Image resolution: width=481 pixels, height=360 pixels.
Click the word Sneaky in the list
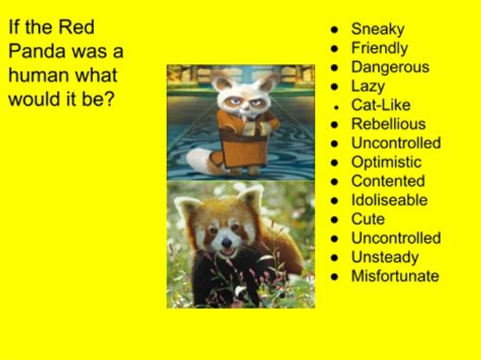tap(378, 30)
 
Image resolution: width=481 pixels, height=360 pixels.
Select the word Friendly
tap(379, 49)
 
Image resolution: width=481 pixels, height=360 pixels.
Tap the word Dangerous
tap(390, 67)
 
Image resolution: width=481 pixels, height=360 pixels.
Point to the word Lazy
tap(368, 87)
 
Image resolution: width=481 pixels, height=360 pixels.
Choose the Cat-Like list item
tap(381, 105)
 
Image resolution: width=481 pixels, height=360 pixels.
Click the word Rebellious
tap(388, 124)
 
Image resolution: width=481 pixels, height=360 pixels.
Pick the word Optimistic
tap(386, 162)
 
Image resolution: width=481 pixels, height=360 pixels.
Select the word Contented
tap(388, 181)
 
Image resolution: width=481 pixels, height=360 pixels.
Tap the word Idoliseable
tap(390, 200)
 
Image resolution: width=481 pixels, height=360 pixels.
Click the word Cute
tap(368, 219)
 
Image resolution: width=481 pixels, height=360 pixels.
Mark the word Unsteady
tap(385, 257)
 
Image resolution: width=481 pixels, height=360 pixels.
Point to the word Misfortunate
tap(395, 276)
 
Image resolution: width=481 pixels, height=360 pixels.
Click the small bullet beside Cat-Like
tap(337, 107)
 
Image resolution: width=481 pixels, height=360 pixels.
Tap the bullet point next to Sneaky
tap(335, 30)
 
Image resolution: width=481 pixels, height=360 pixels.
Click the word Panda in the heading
tap(37, 51)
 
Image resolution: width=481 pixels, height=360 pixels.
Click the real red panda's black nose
tap(226, 243)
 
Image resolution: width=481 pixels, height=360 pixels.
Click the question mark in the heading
tap(109, 99)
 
